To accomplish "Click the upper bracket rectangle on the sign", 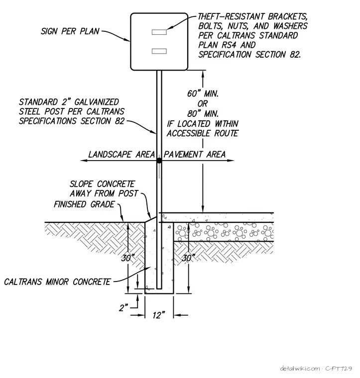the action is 159,32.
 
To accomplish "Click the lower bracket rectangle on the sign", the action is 159,51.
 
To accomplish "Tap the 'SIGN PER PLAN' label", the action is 70,31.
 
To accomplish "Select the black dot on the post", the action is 159,160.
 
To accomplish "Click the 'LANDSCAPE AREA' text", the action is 121,154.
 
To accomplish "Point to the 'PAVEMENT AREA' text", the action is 195,154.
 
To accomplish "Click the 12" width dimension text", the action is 159,315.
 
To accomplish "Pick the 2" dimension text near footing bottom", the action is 123,307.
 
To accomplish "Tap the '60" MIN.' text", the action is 203,94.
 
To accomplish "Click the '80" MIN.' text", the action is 203,113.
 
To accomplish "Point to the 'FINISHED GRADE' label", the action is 84,204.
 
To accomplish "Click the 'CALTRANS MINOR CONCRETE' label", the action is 57,282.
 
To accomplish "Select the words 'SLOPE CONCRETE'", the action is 102,184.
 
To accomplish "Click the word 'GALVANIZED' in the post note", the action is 96,102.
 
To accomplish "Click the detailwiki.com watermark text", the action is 300,369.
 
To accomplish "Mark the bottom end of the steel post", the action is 159,288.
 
